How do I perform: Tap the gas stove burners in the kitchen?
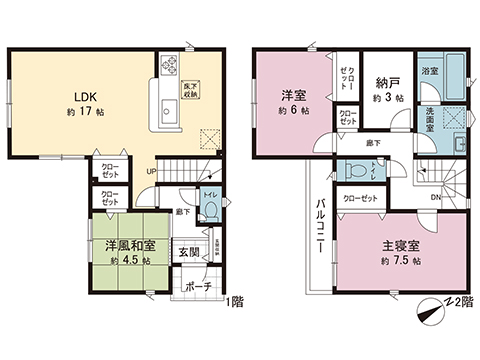click(166, 68)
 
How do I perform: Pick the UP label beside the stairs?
click(151, 171)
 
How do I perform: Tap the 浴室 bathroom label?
click(430, 73)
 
